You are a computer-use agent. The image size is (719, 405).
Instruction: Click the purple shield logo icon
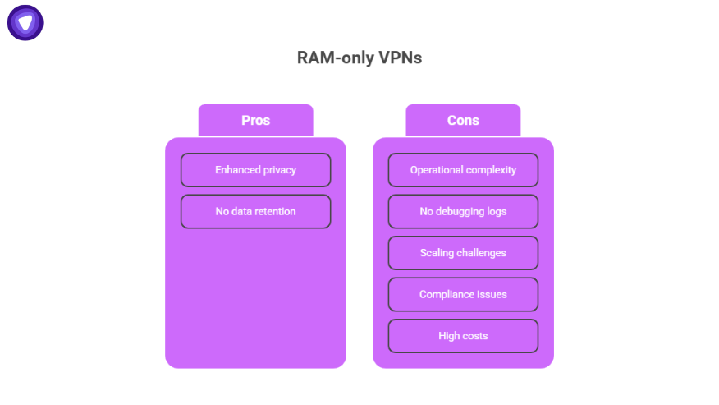click(25, 22)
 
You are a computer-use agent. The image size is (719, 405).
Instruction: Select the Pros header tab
click(255, 121)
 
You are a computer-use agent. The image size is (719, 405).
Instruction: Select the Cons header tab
click(463, 121)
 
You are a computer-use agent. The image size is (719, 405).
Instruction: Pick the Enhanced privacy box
click(255, 170)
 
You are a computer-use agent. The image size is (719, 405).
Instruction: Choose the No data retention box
click(255, 212)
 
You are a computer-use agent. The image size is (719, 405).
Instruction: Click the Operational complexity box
click(463, 170)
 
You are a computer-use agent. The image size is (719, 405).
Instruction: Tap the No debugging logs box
click(463, 212)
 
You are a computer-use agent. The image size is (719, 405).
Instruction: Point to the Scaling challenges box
click(463, 253)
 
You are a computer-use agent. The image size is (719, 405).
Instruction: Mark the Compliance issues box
click(463, 295)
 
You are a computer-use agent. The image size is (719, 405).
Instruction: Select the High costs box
click(463, 336)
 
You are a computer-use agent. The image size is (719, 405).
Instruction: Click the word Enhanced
click(237, 170)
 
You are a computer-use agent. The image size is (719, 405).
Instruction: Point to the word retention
click(275, 212)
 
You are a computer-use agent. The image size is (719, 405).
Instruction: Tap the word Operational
click(436, 170)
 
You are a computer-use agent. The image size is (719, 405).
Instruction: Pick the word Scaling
click(436, 253)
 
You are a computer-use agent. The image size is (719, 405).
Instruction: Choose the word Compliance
click(445, 295)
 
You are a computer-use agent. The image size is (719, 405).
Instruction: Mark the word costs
click(475, 336)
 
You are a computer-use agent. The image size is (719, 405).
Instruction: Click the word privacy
click(280, 170)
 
